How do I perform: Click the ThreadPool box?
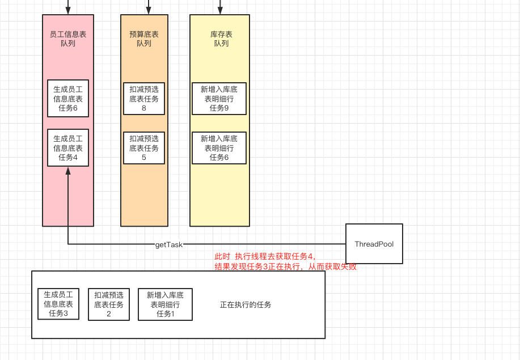click(x=374, y=244)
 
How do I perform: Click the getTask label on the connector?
click(x=169, y=244)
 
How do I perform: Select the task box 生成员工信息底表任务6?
click(x=68, y=98)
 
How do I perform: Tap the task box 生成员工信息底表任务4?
click(x=68, y=147)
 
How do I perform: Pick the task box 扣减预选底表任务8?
click(x=144, y=98)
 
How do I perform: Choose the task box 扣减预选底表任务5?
click(x=144, y=147)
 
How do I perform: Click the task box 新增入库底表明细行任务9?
click(x=219, y=98)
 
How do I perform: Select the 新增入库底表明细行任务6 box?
click(x=219, y=147)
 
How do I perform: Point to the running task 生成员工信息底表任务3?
click(x=58, y=304)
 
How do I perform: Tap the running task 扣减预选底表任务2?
click(x=109, y=304)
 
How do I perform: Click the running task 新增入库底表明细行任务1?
click(x=165, y=304)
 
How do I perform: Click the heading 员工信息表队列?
click(x=68, y=39)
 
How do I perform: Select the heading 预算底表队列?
click(x=144, y=39)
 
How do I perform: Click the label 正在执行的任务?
click(x=246, y=304)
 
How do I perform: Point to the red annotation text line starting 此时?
click(x=265, y=256)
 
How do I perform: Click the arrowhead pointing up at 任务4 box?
click(x=68, y=170)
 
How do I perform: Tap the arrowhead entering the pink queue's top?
click(x=68, y=11)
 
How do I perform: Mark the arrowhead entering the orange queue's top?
click(x=149, y=11)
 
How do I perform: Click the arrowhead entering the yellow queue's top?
click(x=220, y=11)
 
